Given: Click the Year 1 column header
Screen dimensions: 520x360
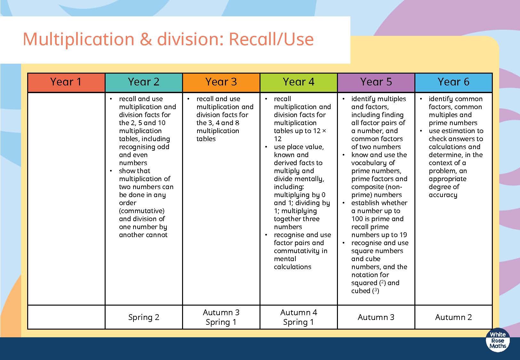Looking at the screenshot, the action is click(x=66, y=82).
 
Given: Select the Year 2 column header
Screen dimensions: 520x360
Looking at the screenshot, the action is click(x=144, y=82).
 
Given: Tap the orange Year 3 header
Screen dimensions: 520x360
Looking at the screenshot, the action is click(x=221, y=82).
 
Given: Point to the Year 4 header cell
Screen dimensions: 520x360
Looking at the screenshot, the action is click(x=299, y=82).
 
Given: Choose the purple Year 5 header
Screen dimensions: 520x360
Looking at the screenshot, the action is click(x=376, y=82).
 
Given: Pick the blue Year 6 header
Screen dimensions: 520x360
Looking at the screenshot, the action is click(x=454, y=82).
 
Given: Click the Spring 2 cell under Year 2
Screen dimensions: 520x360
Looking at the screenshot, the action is click(x=144, y=317).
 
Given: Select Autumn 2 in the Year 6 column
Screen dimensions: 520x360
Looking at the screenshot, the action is click(x=454, y=317).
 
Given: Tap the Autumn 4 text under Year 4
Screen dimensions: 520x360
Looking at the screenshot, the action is click(x=299, y=312).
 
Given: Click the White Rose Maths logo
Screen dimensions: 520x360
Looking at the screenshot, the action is click(x=498, y=340).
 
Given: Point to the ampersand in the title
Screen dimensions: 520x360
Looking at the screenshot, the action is click(x=146, y=39).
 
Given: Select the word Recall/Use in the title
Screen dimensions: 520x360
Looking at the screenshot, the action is click(x=271, y=39).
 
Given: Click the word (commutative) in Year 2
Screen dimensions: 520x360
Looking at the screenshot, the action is click(x=142, y=211).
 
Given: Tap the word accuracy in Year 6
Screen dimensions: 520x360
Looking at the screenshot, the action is click(x=443, y=195).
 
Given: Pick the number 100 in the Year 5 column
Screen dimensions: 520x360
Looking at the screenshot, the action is click(x=357, y=219).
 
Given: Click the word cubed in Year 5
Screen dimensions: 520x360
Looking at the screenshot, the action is click(x=361, y=291).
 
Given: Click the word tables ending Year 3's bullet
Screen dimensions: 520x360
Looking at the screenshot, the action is click(x=206, y=139).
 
